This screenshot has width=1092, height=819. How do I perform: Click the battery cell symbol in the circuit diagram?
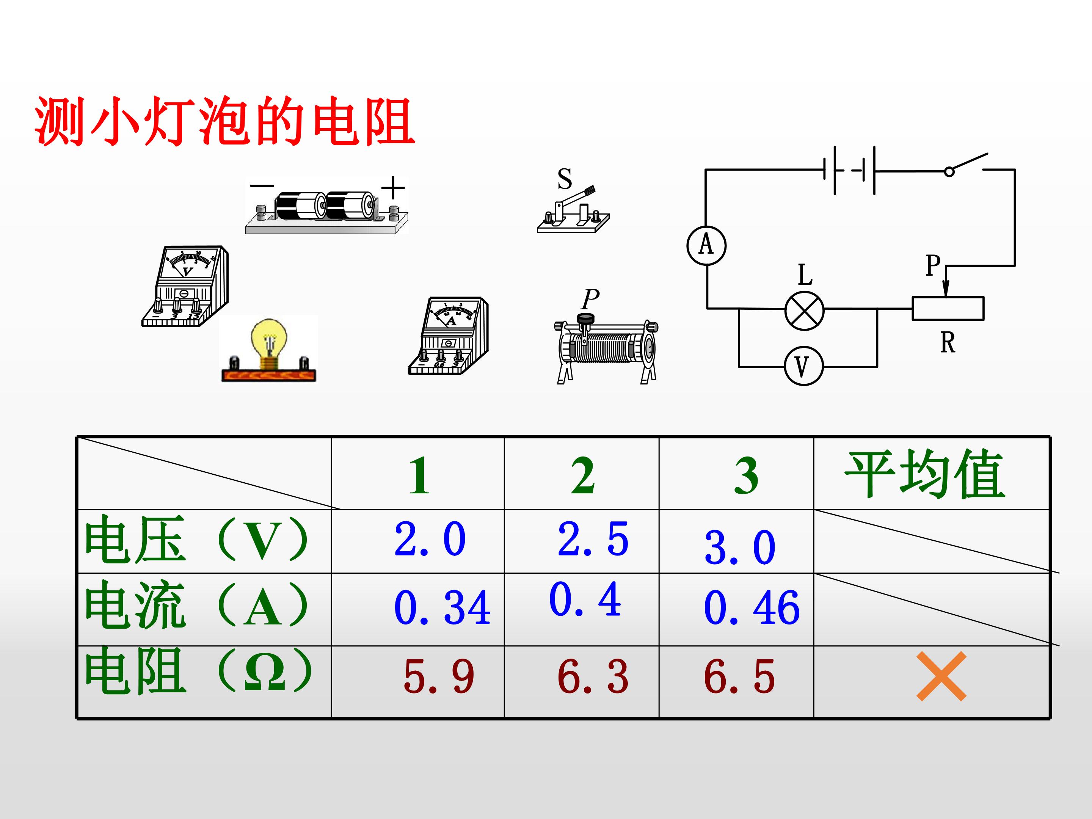click(849, 170)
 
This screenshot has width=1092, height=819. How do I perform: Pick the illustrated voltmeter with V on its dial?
click(185, 286)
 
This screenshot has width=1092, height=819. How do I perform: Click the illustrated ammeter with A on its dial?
click(448, 336)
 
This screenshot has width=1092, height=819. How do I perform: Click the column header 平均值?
click(925, 474)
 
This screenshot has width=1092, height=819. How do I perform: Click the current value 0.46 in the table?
click(752, 608)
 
